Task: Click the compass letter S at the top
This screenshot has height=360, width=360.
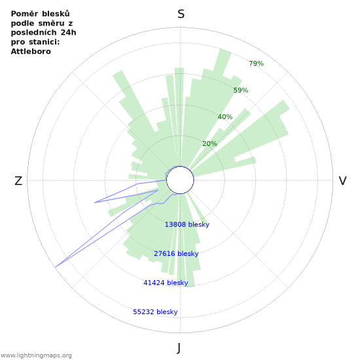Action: pyautogui.click(x=181, y=14)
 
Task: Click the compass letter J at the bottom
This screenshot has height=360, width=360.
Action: pyautogui.click(x=179, y=348)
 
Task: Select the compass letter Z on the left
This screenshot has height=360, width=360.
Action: pyautogui.click(x=18, y=181)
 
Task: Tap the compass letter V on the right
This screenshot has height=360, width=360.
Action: pyautogui.click(x=342, y=181)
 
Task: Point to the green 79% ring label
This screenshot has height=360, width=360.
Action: pyautogui.click(x=256, y=63)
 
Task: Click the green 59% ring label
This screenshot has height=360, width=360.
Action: pyautogui.click(x=241, y=90)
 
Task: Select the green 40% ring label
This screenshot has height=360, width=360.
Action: pyautogui.click(x=225, y=117)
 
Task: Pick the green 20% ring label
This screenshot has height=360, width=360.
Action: pyautogui.click(x=209, y=144)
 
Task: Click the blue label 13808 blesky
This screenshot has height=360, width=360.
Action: pyautogui.click(x=187, y=225)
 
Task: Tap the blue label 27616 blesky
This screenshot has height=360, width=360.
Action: pyautogui.click(x=176, y=253)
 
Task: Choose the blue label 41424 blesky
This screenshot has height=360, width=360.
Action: pyautogui.click(x=166, y=283)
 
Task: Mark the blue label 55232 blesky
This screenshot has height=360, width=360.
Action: pyautogui.click(x=155, y=312)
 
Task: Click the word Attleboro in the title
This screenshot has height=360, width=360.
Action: pyautogui.click(x=31, y=52)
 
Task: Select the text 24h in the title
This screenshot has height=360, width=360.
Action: pyautogui.click(x=69, y=33)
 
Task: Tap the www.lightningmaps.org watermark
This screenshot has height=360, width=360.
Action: pyautogui.click(x=36, y=355)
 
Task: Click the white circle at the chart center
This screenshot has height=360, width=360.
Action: pyautogui.click(x=180, y=180)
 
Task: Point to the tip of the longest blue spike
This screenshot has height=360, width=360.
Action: pyautogui.click(x=56, y=268)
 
